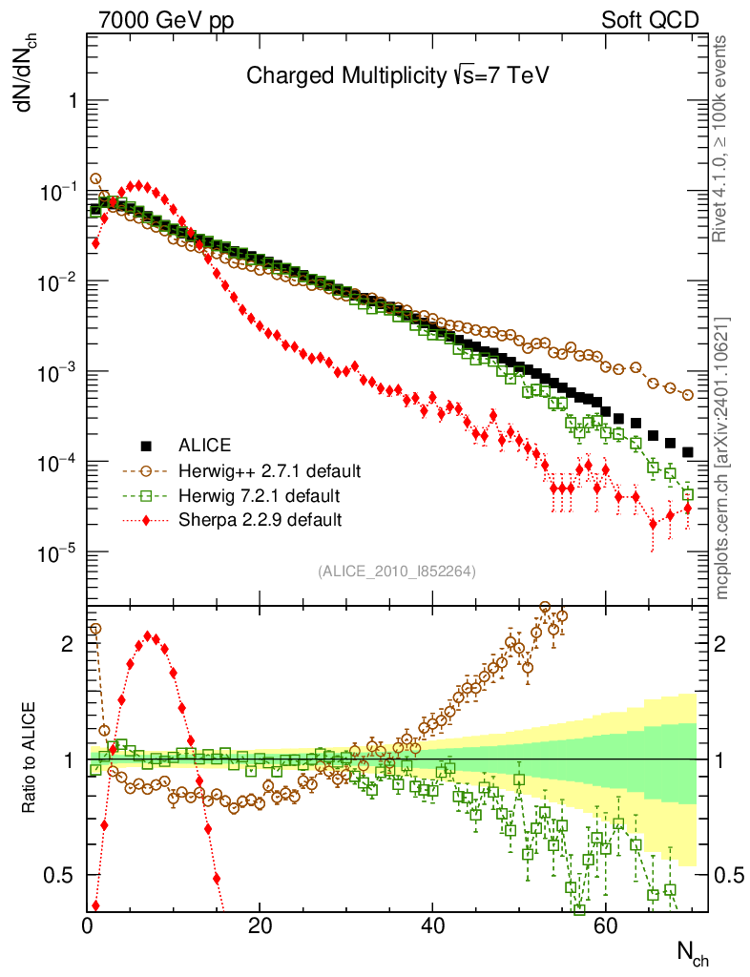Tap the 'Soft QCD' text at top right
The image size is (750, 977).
click(x=650, y=20)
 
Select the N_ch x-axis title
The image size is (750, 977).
click(x=693, y=952)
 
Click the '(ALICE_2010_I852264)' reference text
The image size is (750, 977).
click(x=397, y=572)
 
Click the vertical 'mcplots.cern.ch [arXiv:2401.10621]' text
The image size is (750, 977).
click(x=721, y=458)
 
